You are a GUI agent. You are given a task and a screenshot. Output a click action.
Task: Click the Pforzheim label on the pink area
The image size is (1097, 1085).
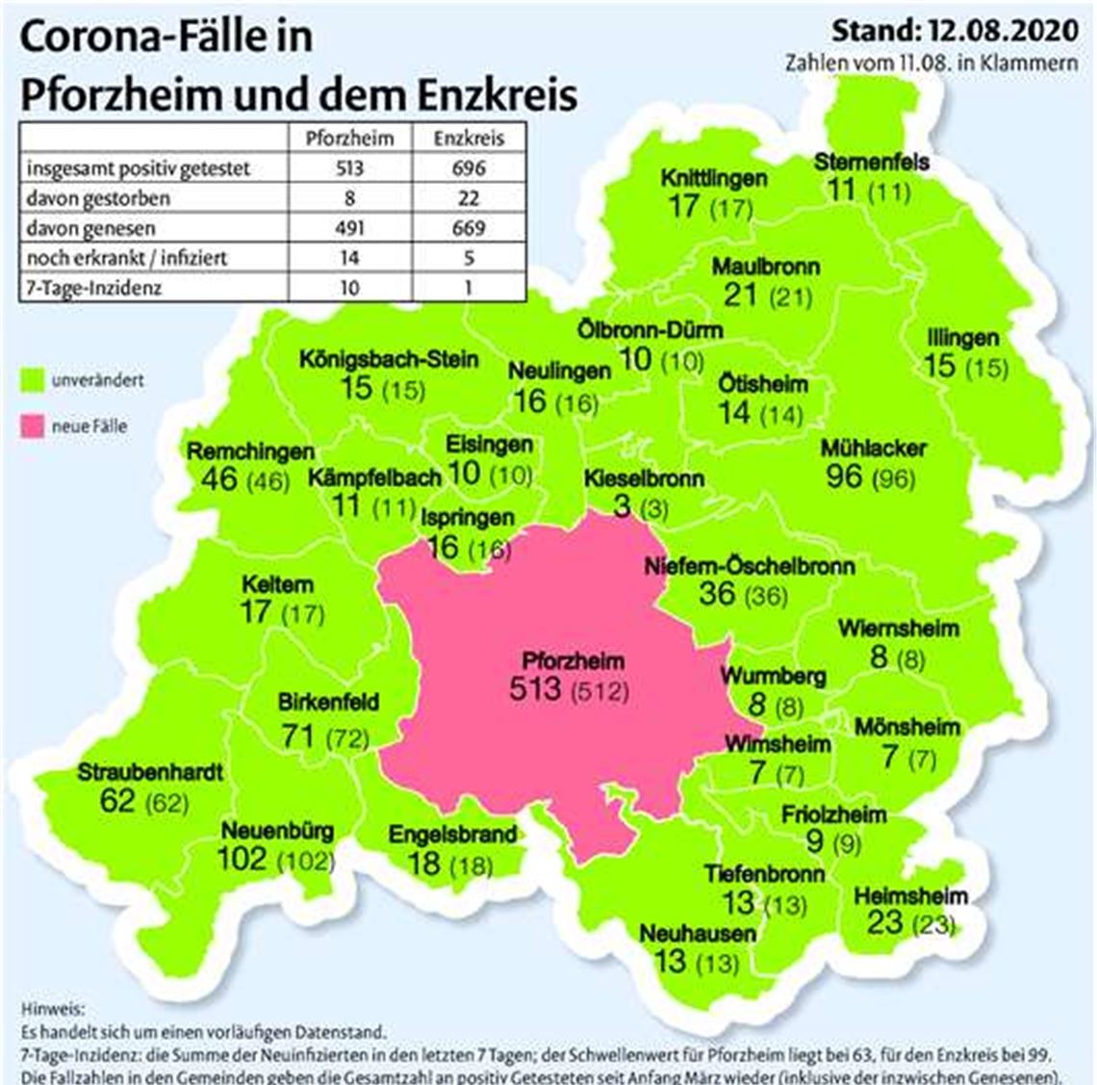click(573, 661)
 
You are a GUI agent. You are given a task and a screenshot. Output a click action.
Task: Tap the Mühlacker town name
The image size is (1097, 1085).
click(874, 448)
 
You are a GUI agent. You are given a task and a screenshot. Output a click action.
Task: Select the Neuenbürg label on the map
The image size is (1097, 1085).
click(278, 830)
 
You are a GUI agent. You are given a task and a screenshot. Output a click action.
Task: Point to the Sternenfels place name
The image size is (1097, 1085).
click(871, 161)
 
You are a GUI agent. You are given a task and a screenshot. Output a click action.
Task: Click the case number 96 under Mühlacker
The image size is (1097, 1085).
click(844, 475)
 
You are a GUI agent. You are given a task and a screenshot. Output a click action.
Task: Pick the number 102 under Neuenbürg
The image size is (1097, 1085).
click(242, 858)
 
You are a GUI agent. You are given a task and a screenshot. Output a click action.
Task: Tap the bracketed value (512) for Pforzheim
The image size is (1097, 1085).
click(600, 690)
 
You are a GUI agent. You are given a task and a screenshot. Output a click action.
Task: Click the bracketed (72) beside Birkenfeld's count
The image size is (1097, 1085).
click(346, 738)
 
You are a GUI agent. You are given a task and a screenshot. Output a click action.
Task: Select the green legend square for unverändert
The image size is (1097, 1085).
click(33, 380)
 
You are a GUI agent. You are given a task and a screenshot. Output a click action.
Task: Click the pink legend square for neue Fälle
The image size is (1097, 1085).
click(33, 426)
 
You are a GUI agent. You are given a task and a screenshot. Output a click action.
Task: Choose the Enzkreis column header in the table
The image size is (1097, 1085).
click(469, 138)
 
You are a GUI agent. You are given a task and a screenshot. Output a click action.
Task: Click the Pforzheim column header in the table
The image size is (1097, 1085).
click(349, 138)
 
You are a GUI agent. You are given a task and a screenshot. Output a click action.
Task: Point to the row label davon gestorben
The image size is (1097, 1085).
click(98, 198)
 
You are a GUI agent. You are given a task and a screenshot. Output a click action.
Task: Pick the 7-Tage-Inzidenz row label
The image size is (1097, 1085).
click(94, 287)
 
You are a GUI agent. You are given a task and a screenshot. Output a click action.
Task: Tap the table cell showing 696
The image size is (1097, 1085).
click(469, 168)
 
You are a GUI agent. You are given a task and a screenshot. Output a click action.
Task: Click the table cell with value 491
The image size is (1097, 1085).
click(349, 228)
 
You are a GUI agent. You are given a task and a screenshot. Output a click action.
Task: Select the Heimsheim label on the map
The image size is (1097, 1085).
click(910, 896)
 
